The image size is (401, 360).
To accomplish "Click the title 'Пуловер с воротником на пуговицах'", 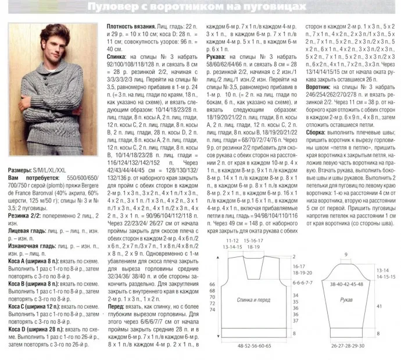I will [200, 7].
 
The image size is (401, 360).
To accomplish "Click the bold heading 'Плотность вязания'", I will [131, 27].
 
